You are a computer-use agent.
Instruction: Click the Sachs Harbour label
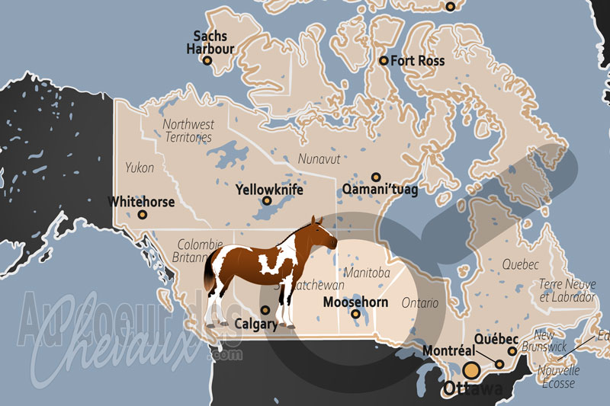210,43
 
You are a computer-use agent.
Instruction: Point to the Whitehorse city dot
143,215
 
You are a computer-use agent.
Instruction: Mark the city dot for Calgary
265,310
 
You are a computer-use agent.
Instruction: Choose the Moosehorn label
355,302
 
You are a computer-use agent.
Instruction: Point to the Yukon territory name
140,168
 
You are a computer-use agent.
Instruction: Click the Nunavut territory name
319,158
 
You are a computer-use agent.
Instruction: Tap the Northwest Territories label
188,130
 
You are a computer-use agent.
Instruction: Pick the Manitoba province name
367,272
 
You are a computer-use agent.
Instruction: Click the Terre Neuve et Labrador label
566,290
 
